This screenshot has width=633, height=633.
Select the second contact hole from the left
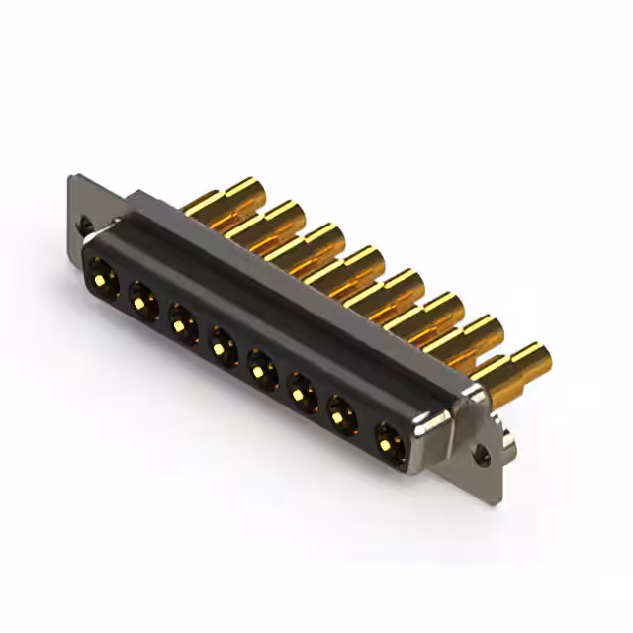pos(142,296)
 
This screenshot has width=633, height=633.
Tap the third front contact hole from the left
pos(183,322)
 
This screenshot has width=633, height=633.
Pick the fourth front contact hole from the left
pos(223,348)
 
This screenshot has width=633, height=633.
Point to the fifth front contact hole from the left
pos(262,371)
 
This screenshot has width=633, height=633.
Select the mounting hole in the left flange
pos(87,226)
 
